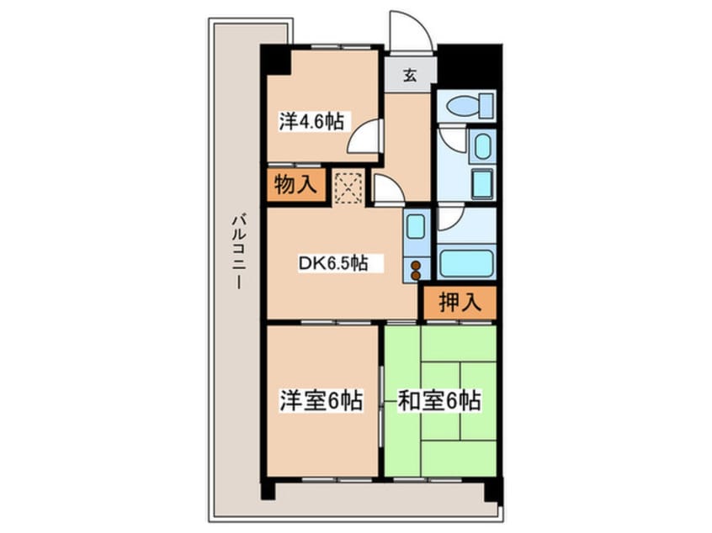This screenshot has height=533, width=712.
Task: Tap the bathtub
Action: pos(465,262)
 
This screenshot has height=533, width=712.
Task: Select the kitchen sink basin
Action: pos(416,227)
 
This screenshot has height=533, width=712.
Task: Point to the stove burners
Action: pos(416,269)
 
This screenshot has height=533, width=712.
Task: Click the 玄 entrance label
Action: pos(410,76)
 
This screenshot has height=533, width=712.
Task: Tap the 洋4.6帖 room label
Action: pos(311,120)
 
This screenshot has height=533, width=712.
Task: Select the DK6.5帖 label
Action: pos(332,263)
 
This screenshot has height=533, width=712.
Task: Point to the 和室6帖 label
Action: pos(438,401)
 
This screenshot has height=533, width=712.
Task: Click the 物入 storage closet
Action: pos(295,185)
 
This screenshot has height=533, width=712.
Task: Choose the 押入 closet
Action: pos(459,303)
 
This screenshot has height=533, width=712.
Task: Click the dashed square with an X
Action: pos(348,187)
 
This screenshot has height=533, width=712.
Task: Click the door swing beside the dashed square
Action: pos(386,190)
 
